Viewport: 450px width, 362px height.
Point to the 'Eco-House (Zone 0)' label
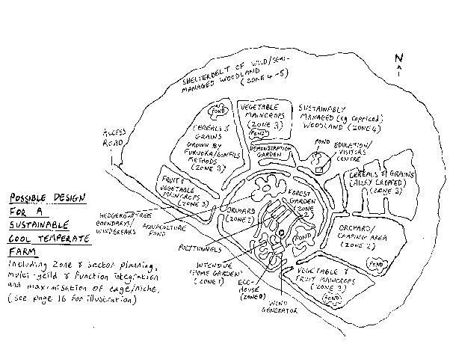[x=247, y=292]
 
